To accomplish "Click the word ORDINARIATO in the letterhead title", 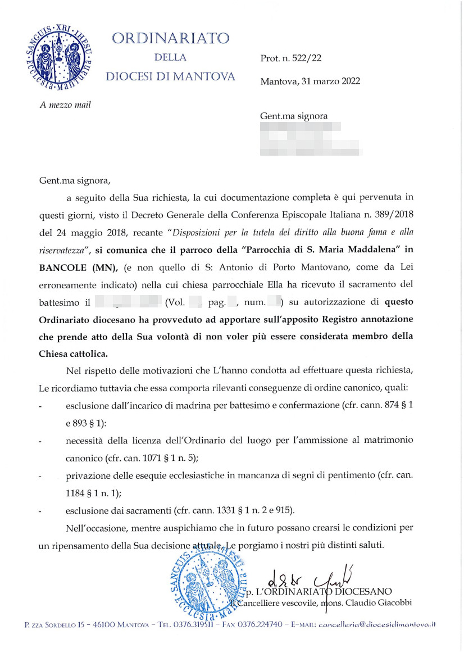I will [x=171, y=38].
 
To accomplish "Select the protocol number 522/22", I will [x=306, y=58].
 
